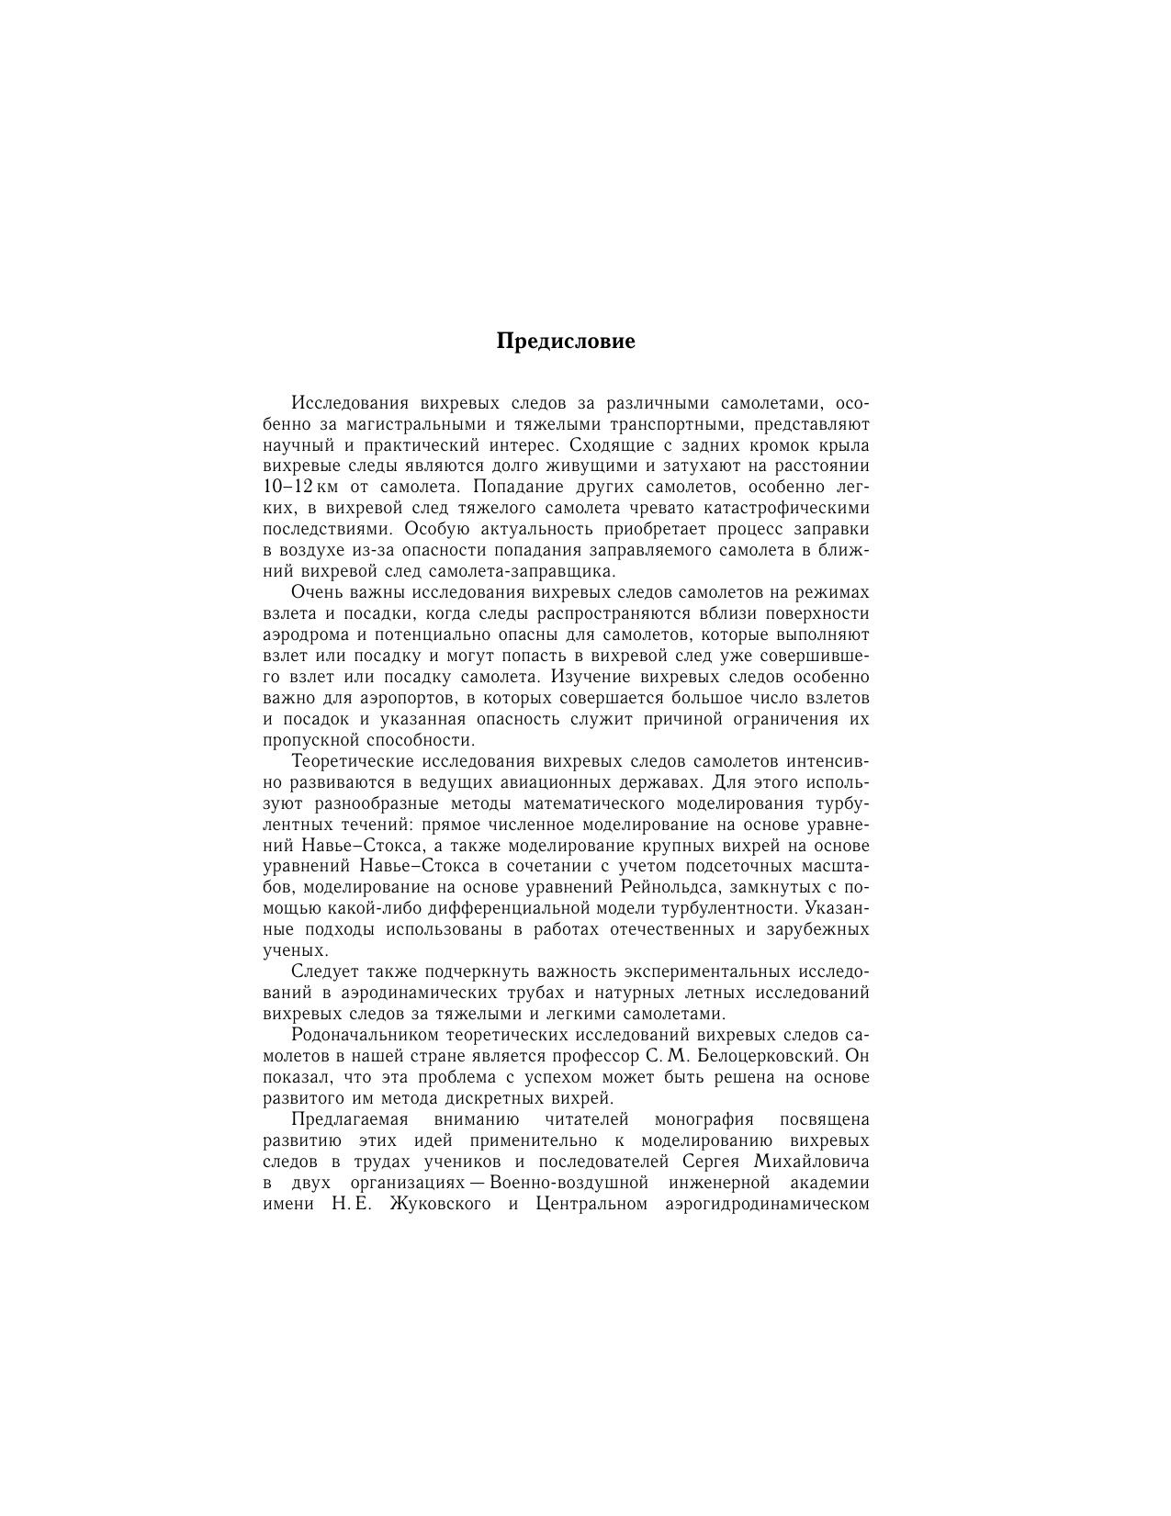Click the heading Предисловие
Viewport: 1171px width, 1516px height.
coord(566,342)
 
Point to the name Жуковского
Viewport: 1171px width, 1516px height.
coord(441,1204)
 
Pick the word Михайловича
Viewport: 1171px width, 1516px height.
coord(812,1162)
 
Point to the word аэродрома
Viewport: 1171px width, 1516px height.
coord(301,634)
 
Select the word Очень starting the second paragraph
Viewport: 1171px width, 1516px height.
coord(316,592)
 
